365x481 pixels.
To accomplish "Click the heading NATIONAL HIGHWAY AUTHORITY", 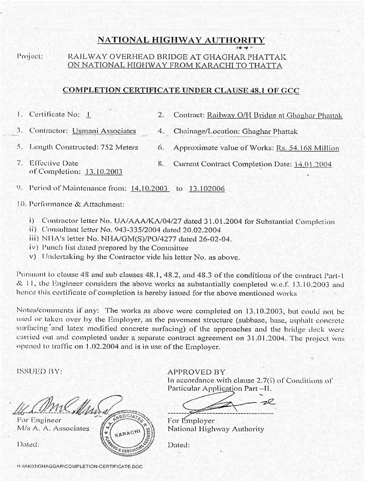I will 181,40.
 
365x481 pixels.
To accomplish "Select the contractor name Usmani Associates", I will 104,131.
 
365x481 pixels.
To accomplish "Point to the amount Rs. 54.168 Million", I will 307,148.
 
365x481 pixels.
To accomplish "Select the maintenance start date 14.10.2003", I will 149,188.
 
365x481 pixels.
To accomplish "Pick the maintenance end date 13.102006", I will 207,189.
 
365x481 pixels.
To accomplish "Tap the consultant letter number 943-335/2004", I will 126,230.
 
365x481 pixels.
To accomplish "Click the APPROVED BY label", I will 196,372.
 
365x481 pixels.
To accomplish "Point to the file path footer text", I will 79,466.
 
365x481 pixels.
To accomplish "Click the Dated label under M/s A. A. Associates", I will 28,444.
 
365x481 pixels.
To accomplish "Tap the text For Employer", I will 191,421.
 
